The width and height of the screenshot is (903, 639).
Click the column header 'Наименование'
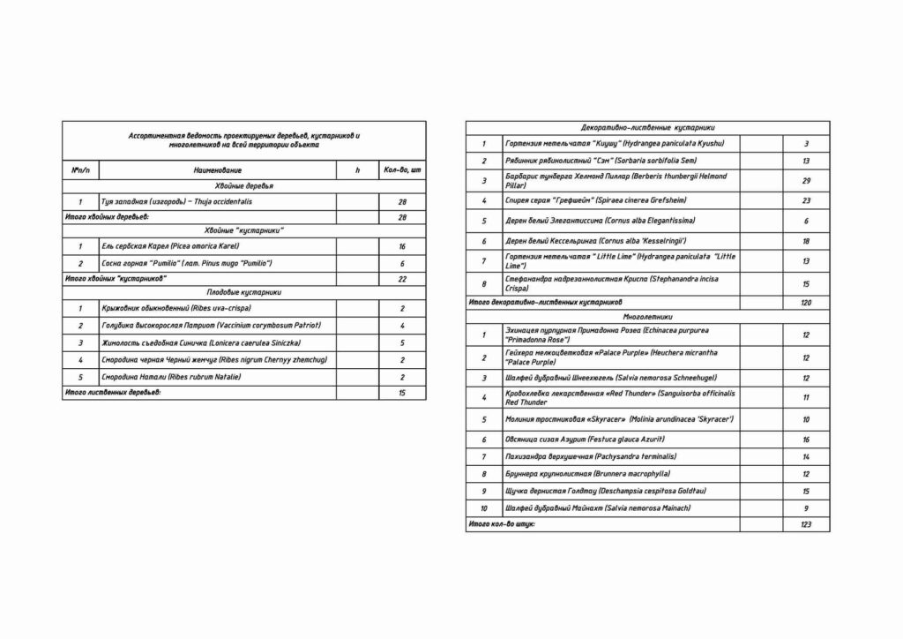(217, 169)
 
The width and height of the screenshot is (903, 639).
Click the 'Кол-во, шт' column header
(402, 169)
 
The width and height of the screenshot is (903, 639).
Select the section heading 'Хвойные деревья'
(244, 186)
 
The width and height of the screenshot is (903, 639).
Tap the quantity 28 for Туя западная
(402, 202)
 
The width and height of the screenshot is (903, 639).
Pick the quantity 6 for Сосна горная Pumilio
(402, 263)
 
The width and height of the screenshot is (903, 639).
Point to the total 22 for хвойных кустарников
(402, 278)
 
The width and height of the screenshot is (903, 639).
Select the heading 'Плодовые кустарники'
(244, 291)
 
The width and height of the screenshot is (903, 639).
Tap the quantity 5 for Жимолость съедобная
(402, 342)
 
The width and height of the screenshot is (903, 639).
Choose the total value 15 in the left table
(402, 392)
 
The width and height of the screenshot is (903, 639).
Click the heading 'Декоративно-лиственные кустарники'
(648, 127)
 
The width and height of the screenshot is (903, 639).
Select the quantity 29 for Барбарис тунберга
(806, 181)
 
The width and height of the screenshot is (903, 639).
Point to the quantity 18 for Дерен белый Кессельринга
(806, 241)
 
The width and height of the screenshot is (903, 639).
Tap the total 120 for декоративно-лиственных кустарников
(806, 302)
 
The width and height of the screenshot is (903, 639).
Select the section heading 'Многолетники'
(648, 315)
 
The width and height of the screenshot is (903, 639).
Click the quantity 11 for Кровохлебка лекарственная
(806, 398)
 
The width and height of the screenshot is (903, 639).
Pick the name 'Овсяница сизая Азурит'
(585, 439)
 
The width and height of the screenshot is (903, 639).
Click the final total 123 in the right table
(806, 524)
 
